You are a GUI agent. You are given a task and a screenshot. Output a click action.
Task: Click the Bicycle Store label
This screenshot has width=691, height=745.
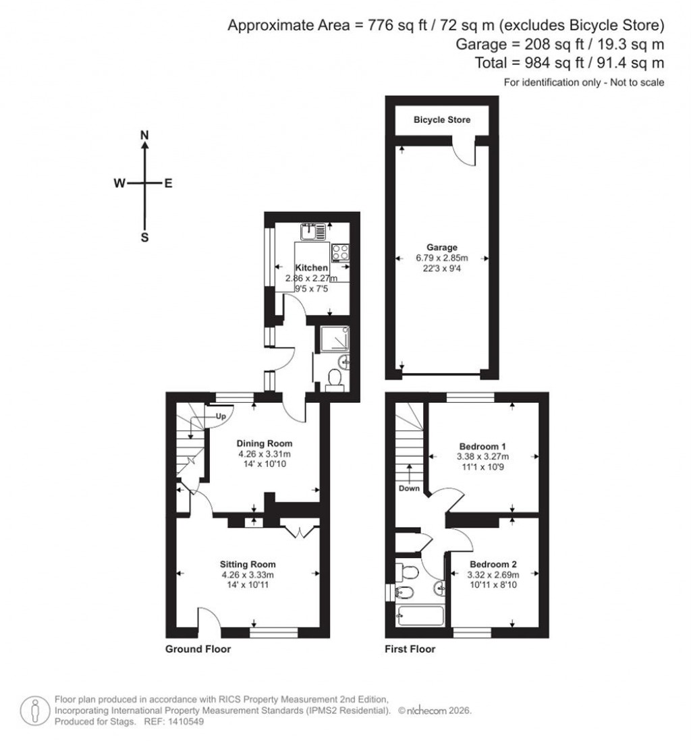[441, 119]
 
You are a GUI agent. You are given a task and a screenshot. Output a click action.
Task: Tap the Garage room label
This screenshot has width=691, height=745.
[441, 247]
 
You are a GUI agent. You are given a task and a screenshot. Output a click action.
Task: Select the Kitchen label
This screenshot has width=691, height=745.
[311, 268]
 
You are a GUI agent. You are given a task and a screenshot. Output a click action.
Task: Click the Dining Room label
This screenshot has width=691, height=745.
[264, 443]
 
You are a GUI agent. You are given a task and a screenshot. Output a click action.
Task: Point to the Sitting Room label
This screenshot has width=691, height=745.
[248, 564]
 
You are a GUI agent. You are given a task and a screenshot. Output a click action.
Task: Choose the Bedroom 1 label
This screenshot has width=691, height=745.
[482, 446]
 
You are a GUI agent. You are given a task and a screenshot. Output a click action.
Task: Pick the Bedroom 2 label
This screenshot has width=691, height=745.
[493, 564]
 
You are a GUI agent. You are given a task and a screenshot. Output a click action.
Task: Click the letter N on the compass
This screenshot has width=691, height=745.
[144, 136]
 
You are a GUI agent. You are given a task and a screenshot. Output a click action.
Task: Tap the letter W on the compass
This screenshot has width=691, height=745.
[119, 183]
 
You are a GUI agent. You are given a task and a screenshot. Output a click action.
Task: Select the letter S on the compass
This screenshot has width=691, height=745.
[144, 237]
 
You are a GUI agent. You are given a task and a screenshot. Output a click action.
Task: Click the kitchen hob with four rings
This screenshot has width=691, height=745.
[340, 252]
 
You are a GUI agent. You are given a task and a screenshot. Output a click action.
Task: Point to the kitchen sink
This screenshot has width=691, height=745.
[312, 231]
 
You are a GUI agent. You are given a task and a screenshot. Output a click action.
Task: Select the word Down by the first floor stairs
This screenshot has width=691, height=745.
[408, 488]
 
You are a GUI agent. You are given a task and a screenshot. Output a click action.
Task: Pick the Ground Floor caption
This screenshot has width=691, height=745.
[198, 649]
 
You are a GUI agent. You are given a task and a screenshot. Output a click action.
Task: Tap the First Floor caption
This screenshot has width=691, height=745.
[410, 649]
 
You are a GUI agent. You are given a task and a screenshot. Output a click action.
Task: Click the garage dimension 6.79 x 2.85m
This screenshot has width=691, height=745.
[441, 258]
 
